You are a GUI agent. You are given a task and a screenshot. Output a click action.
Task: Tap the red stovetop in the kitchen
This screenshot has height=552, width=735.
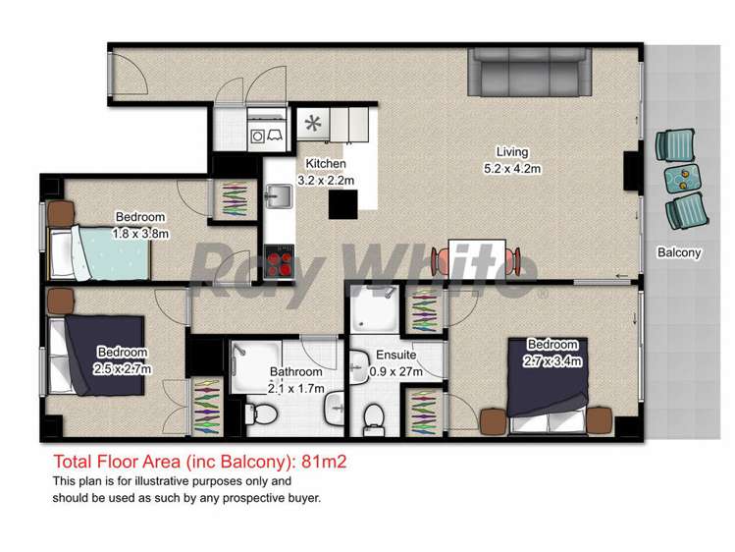pyautogui.click(x=280, y=263)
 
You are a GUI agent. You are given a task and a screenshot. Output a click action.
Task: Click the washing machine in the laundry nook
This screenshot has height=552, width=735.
pyautogui.click(x=259, y=136)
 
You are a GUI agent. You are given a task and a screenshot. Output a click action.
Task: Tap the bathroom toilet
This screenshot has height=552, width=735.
pyautogui.click(x=256, y=417)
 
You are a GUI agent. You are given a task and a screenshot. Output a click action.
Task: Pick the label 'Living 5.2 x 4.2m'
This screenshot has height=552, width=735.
pyautogui.click(x=512, y=160)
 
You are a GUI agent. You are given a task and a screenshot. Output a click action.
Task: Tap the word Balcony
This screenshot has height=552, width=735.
pyautogui.click(x=679, y=252)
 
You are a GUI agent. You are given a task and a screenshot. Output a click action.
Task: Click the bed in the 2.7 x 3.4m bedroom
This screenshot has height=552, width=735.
pyautogui.click(x=551, y=387)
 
